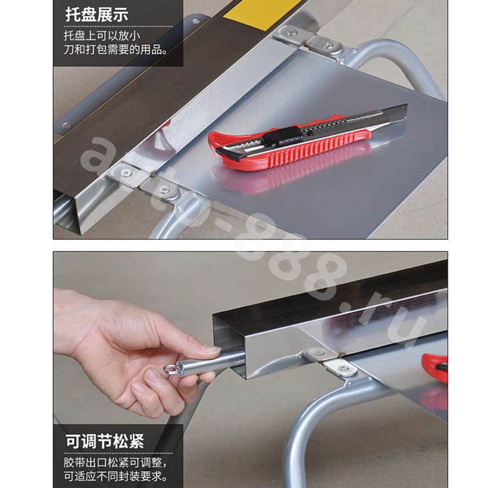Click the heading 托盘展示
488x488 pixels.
click(x=97, y=15)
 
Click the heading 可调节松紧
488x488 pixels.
click(x=105, y=441)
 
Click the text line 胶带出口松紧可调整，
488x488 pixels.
click(x=115, y=463)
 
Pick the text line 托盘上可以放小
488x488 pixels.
click(x=102, y=36)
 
